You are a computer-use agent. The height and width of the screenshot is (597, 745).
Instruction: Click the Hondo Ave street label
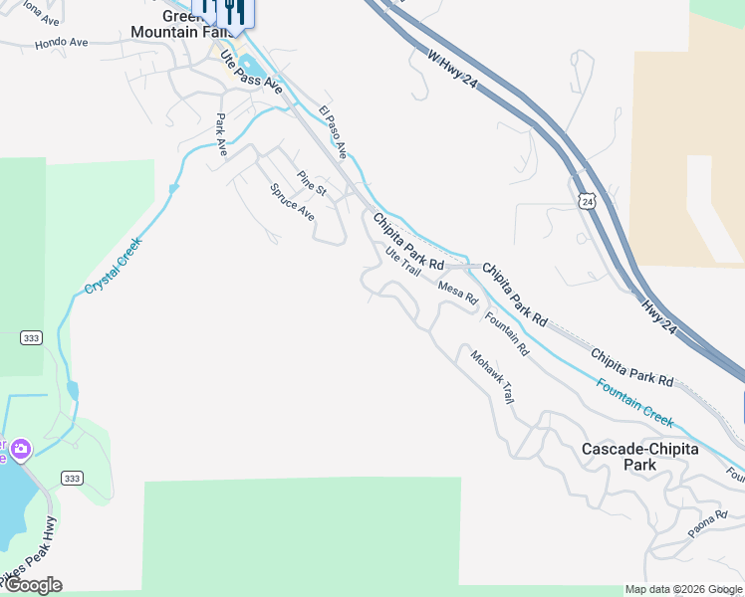[x=62, y=44]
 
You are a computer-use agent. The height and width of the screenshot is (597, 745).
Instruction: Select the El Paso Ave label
[x=333, y=132]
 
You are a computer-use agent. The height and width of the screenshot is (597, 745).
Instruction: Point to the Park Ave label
[x=221, y=134]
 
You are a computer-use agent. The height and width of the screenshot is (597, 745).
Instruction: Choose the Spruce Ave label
[x=293, y=203]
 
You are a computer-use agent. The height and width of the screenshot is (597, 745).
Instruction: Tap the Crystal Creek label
[x=114, y=264]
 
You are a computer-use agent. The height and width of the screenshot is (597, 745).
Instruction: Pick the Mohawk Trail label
[x=492, y=378]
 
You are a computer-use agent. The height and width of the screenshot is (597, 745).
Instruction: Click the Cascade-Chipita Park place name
[x=640, y=457]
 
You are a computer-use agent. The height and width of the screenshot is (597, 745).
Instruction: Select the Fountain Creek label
[x=634, y=402]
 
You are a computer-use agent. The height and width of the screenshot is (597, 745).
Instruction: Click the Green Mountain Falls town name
[x=169, y=24]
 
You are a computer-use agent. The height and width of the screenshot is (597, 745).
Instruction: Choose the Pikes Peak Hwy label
[x=30, y=552]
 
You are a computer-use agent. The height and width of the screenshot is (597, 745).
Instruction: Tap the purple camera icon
[x=21, y=451]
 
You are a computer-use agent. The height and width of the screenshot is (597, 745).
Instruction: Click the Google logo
[x=33, y=585]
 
